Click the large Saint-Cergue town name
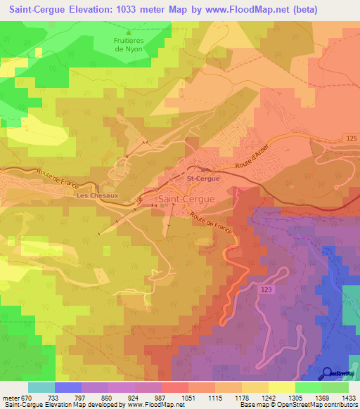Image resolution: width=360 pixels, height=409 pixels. [x=186, y=199]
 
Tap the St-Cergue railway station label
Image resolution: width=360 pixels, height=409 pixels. [x=204, y=179]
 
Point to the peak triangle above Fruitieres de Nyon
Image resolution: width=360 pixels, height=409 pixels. [x=128, y=32]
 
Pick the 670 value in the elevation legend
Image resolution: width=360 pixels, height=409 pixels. [x=27, y=398]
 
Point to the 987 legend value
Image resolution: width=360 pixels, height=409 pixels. [x=161, y=398]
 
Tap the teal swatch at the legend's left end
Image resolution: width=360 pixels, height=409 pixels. [x=41, y=387]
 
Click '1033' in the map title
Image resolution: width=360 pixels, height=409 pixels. [x=116, y=10]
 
